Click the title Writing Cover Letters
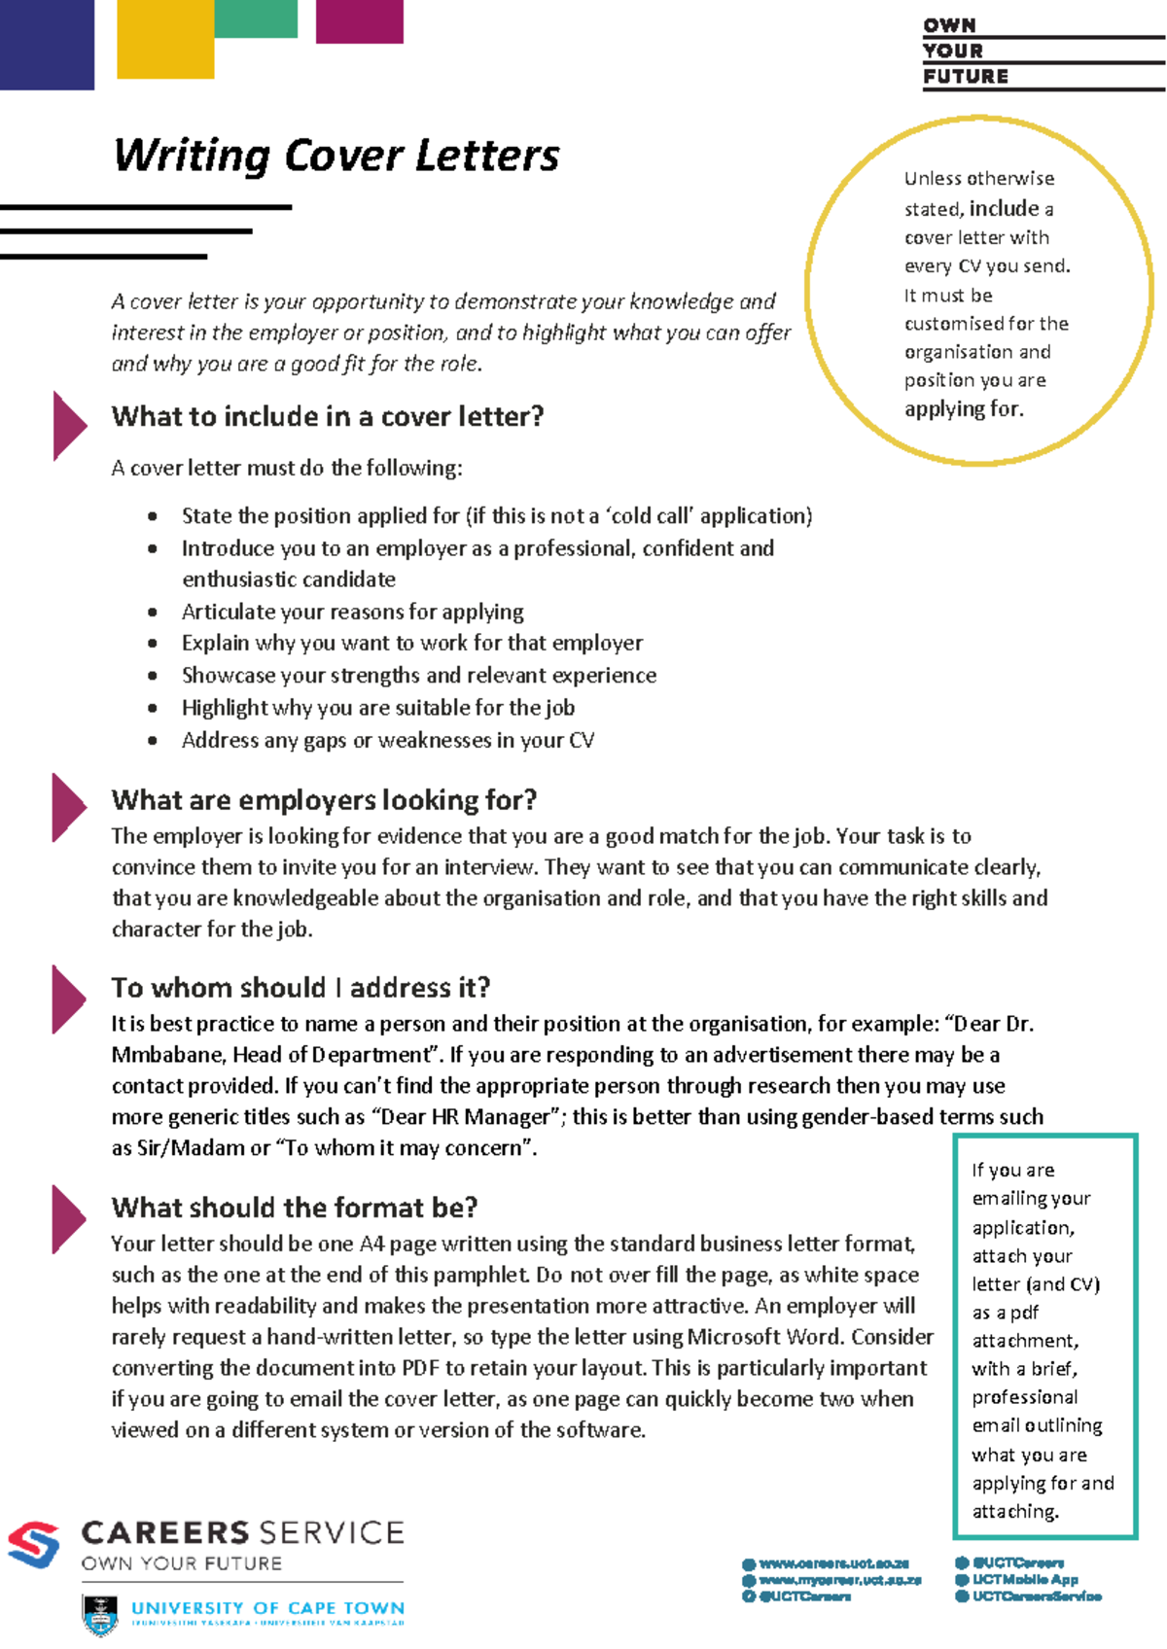[336, 156]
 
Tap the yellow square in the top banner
[165, 39]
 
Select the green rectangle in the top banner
[255, 18]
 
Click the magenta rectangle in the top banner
[359, 20]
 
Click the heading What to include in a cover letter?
[328, 417]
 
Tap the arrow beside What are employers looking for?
[69, 807]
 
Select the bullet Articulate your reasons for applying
[352, 613]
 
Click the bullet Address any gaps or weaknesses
[387, 741]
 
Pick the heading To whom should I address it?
[301, 988]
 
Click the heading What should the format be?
[295, 1208]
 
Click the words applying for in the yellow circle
[963, 409]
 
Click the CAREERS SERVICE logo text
[242, 1533]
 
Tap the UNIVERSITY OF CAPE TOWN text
[267, 1608]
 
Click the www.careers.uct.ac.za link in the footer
[832, 1563]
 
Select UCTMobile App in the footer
[1024, 1580]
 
